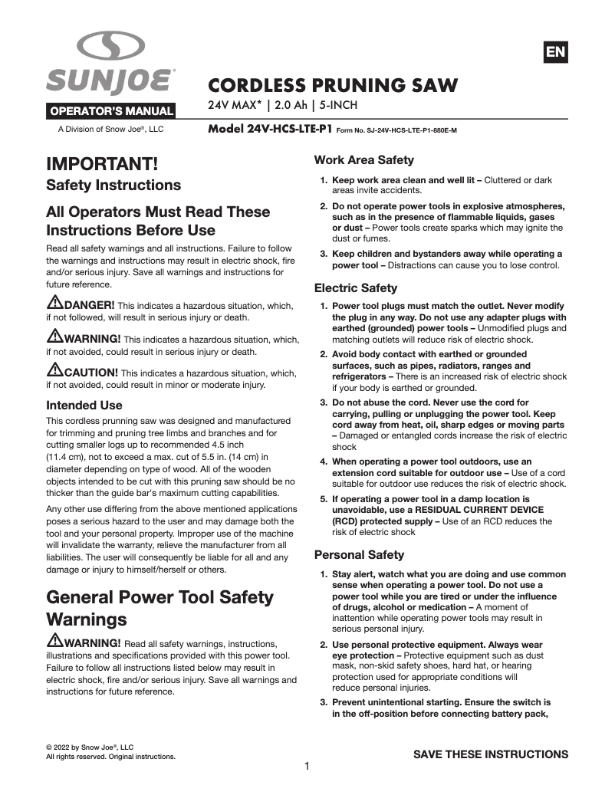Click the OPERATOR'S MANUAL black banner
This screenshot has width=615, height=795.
(x=112, y=110)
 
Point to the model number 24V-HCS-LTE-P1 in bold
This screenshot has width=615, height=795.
(x=270, y=130)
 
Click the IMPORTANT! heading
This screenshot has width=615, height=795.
(x=103, y=164)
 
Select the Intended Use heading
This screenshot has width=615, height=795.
(x=84, y=405)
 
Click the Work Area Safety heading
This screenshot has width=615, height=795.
(x=364, y=160)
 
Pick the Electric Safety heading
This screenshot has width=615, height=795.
(x=356, y=288)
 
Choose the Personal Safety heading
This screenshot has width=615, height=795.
(x=359, y=554)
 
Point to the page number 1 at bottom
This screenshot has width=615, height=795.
(x=307, y=766)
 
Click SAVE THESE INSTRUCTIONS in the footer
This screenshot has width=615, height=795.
(x=491, y=754)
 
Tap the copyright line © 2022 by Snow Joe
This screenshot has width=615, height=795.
(x=90, y=747)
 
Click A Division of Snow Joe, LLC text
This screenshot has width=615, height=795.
(x=111, y=130)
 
